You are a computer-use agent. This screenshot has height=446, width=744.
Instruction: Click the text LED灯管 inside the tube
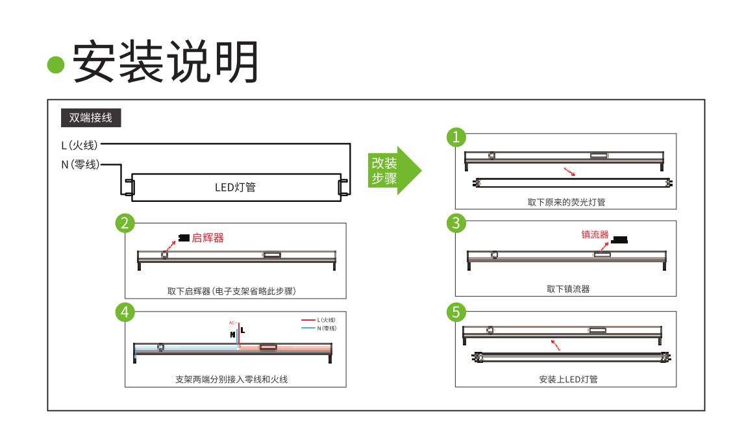point(234,187)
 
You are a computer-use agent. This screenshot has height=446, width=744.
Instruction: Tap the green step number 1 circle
point(458,136)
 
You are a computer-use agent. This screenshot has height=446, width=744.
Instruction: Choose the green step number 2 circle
point(123,223)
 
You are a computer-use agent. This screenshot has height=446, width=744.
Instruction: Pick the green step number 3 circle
point(458,223)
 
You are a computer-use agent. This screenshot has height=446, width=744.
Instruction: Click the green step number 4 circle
point(123,312)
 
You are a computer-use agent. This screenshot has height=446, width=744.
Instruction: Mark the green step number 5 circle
point(458,312)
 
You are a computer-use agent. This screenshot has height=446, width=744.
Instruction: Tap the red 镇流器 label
point(595,234)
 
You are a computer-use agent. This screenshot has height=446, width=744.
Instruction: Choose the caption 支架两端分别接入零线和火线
point(231,378)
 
